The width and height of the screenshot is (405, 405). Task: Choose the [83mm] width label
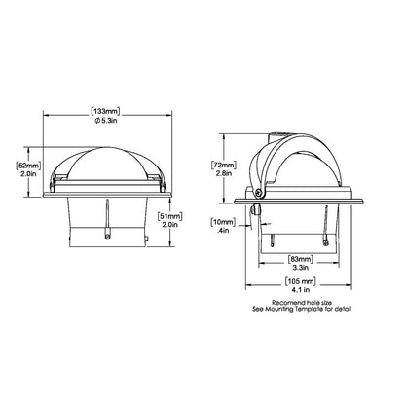click(x=300, y=260)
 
